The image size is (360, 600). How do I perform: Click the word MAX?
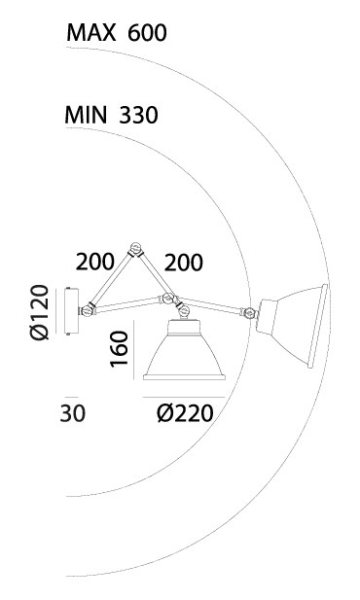(91, 32)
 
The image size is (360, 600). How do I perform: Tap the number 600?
(147, 33)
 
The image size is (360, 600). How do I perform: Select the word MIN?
(86, 115)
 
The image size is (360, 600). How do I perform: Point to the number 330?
(138, 115)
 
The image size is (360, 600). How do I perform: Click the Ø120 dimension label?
(40, 312)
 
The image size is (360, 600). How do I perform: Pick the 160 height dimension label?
(119, 349)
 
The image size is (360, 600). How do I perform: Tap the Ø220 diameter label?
(185, 413)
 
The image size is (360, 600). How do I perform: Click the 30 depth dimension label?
(73, 413)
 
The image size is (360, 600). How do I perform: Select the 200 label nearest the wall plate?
(95, 263)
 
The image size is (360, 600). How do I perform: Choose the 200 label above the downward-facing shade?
(184, 263)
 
